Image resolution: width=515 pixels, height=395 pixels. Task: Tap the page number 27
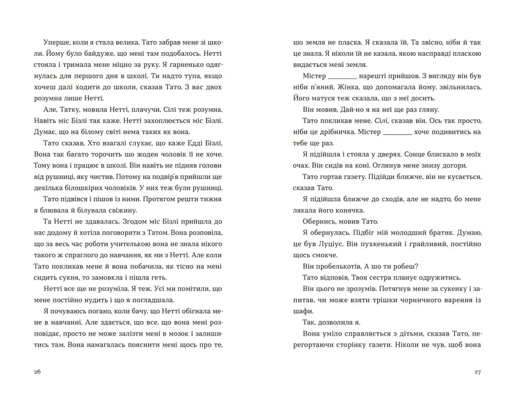click(478, 372)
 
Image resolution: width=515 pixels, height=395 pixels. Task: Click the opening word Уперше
click(57, 43)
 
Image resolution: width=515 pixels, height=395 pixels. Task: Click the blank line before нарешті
click(342, 76)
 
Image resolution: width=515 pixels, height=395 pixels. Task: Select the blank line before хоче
click(398, 132)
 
